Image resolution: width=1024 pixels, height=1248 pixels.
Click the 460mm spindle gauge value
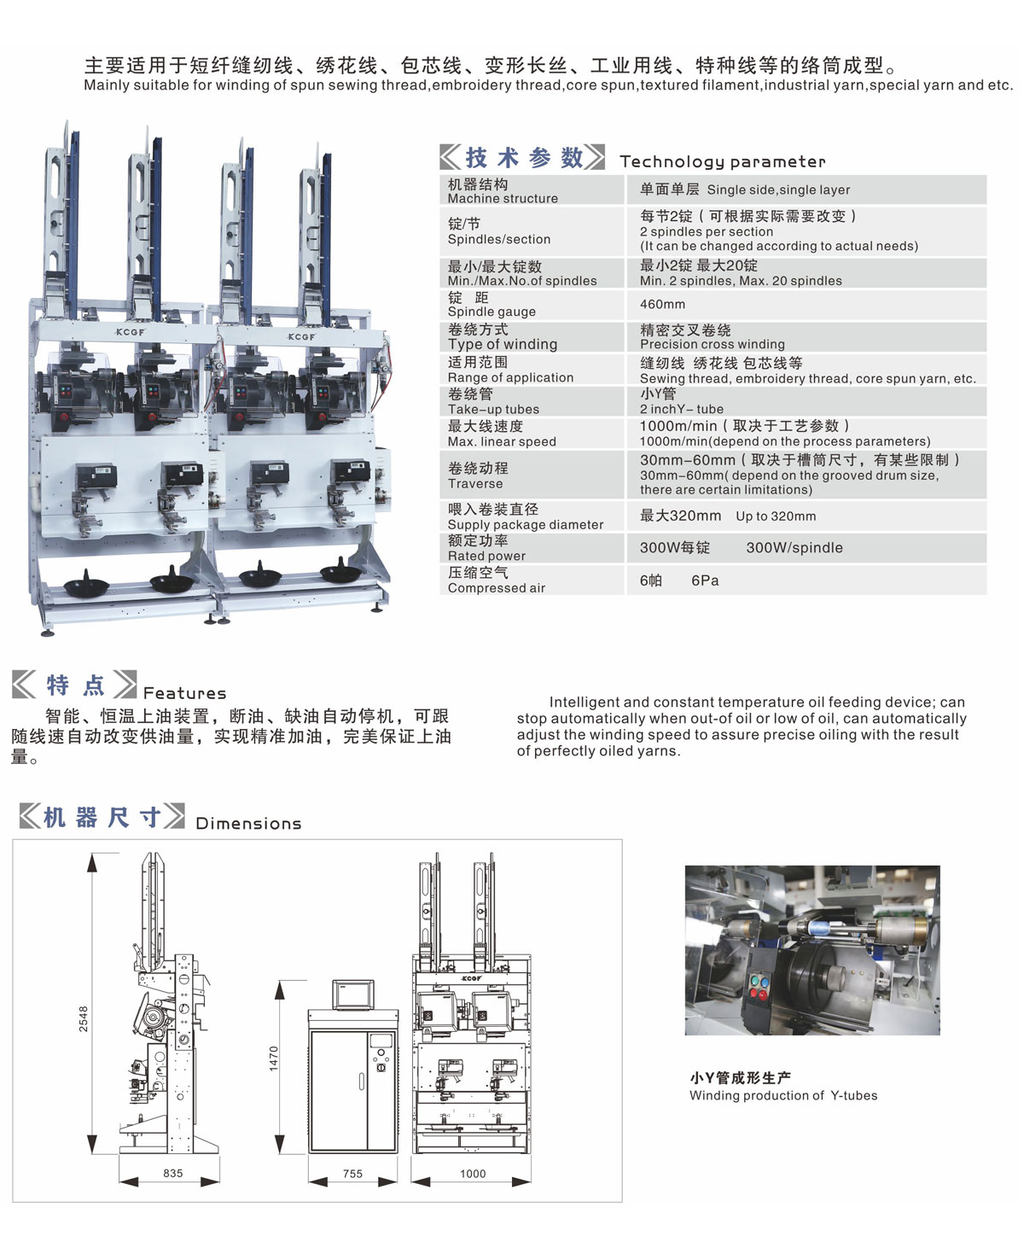click(662, 304)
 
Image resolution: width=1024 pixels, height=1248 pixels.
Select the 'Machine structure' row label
click(503, 198)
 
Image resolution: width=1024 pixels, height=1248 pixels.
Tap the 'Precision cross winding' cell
click(712, 344)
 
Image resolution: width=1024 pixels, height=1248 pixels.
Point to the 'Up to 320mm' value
click(776, 516)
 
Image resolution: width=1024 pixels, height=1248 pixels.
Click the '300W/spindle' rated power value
click(794, 547)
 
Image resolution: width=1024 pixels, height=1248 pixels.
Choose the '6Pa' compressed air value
click(705, 580)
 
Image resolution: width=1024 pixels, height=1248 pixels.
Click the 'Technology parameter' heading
click(722, 161)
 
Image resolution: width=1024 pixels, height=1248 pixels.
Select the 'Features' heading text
click(184, 693)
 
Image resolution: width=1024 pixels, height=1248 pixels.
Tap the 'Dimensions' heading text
click(248, 823)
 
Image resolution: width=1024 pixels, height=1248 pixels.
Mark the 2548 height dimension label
click(84, 1019)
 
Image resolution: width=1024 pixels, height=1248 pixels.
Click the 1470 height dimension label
click(273, 1058)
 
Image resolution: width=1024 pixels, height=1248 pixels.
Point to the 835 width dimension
click(172, 1173)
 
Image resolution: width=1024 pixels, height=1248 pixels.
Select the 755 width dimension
click(352, 1174)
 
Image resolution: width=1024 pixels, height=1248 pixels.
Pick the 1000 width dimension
click(473, 1174)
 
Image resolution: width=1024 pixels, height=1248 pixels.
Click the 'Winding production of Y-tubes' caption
click(783, 1095)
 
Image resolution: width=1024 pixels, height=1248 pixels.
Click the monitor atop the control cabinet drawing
click(353, 994)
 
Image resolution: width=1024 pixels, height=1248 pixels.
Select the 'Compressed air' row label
click(497, 587)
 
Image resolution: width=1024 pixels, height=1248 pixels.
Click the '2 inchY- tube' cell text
click(682, 409)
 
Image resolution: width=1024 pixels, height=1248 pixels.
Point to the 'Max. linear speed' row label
click(502, 441)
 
